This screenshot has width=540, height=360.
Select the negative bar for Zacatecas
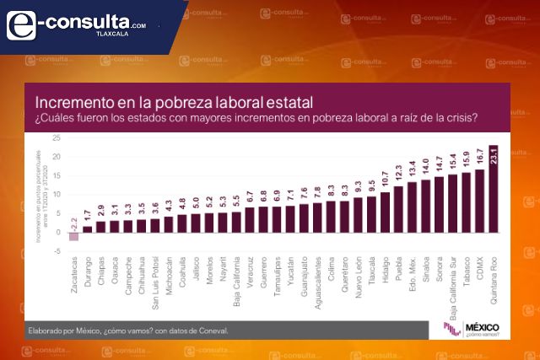73,237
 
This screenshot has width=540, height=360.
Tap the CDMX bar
479,201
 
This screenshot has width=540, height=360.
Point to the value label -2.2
73,223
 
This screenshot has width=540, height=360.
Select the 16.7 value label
479,158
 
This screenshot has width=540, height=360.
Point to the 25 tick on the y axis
56,137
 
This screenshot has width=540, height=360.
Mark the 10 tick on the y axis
56,195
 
